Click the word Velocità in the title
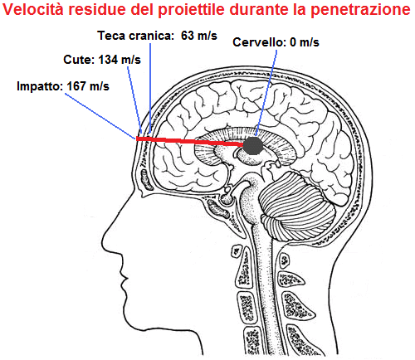coord(33,9)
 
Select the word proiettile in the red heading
coord(192,10)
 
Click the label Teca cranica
coord(136,36)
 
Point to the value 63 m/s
coord(199,36)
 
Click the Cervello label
coord(260,42)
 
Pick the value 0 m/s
coord(305,42)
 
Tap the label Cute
coord(79,60)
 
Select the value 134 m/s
coord(120,60)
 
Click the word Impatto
coord(40,86)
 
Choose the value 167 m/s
coord(88,86)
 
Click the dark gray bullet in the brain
coord(253,145)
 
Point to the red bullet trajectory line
coord(191,141)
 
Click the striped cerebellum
coord(297,206)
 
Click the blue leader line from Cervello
coord(266,93)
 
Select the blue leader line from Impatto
coord(100,115)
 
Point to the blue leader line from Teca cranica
coord(150,88)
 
